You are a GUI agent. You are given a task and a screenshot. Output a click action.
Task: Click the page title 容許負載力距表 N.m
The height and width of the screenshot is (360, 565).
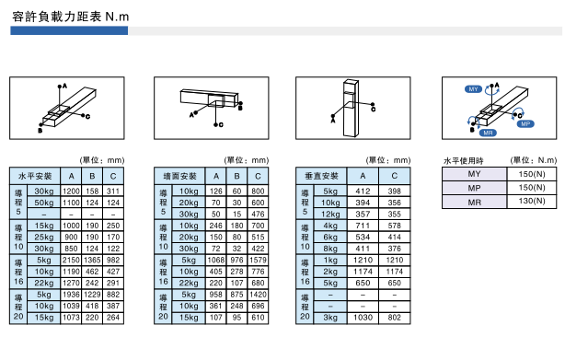(x=71, y=17)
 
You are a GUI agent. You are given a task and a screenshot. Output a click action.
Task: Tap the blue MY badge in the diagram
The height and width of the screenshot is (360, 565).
(x=473, y=89)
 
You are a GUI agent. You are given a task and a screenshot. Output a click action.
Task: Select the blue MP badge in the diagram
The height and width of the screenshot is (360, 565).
(x=525, y=124)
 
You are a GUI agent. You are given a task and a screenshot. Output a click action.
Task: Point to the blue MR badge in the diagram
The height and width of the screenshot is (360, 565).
(x=488, y=133)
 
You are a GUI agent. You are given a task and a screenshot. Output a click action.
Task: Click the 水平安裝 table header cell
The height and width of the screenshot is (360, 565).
(x=35, y=176)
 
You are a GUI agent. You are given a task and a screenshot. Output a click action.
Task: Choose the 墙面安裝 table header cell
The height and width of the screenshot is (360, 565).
(x=179, y=176)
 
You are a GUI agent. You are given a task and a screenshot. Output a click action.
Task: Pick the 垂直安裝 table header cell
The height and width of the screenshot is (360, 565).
(x=321, y=176)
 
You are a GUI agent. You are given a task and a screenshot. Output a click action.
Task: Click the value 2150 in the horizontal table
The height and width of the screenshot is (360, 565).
(x=71, y=261)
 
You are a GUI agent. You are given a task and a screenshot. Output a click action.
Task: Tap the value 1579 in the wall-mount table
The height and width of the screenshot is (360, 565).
(x=258, y=261)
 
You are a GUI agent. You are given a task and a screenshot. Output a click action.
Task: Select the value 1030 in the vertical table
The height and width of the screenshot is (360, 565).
(x=363, y=318)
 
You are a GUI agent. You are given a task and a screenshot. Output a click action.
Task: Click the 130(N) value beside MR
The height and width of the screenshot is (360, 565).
(x=532, y=201)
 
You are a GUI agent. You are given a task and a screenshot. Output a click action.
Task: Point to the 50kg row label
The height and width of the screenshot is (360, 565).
(x=44, y=203)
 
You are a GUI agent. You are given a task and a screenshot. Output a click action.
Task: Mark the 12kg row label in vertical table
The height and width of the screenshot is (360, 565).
(x=330, y=214)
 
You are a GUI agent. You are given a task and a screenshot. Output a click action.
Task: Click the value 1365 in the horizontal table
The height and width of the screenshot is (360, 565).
(x=92, y=261)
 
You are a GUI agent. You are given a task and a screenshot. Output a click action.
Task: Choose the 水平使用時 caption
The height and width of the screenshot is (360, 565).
(x=464, y=161)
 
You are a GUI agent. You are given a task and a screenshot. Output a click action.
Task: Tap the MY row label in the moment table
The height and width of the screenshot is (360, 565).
(x=474, y=174)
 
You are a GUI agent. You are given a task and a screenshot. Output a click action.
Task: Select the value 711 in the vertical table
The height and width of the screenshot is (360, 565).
(x=363, y=226)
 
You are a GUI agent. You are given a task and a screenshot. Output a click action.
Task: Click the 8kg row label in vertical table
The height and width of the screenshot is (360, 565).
(x=330, y=249)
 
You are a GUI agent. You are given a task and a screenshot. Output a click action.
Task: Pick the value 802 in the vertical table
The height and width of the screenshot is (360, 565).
(x=395, y=318)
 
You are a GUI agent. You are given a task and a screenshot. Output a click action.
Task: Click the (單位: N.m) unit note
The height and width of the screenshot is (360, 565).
(x=534, y=160)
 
